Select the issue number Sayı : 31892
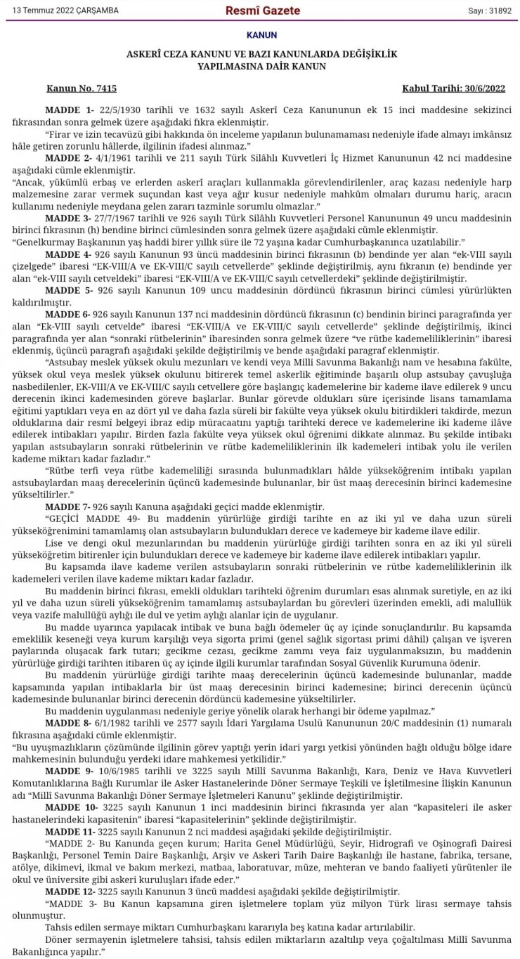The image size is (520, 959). click(x=490, y=11)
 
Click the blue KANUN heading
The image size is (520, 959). click(x=261, y=35)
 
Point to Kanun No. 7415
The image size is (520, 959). click(x=82, y=89)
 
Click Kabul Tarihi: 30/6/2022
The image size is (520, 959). click(x=453, y=89)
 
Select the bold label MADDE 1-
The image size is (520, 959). click(x=70, y=110)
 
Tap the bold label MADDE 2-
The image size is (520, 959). click(x=70, y=158)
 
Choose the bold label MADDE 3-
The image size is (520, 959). click(x=70, y=218)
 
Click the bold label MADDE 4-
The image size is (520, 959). click(x=70, y=254)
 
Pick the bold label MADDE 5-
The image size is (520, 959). click(x=70, y=289)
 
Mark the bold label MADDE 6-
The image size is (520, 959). click(x=70, y=313)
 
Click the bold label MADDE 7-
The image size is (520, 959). click(x=70, y=507)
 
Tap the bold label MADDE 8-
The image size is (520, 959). click(x=70, y=722)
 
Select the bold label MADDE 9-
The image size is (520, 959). click(x=70, y=770)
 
